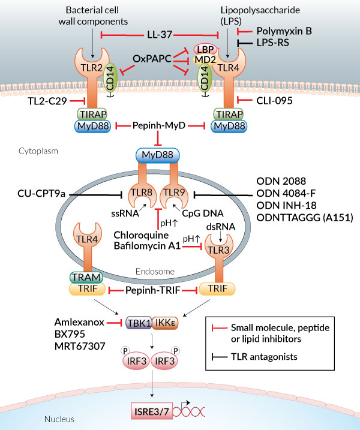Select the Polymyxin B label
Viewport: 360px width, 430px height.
[x=284, y=31]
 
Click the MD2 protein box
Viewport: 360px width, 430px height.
[x=206, y=62]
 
